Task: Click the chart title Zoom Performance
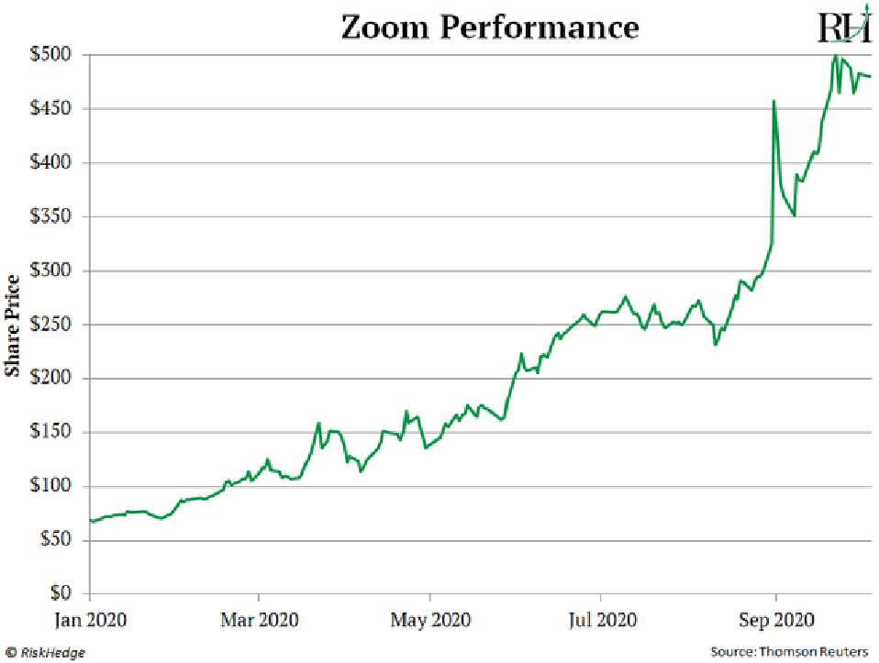pyautogui.click(x=489, y=27)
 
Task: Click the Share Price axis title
pyautogui.click(x=13, y=325)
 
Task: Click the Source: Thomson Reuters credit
pyautogui.click(x=789, y=651)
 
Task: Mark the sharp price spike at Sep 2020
pyautogui.click(x=773, y=102)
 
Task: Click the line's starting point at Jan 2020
pyautogui.click(x=90, y=521)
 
